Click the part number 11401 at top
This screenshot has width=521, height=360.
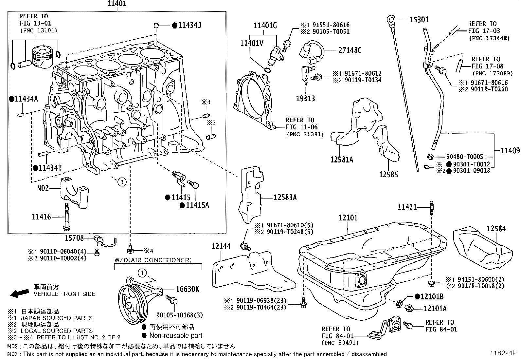117,4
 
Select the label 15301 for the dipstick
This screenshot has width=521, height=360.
419,20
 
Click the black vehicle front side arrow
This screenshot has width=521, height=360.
19,293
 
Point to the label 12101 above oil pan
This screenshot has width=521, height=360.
348,218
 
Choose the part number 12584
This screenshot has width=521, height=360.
496,228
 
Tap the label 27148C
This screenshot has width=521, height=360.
350,50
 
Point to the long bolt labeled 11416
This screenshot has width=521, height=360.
66,216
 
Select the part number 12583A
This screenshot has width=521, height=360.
285,197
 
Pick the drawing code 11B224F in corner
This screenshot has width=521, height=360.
503,353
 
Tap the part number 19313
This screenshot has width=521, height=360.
305,98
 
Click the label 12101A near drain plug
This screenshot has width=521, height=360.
435,308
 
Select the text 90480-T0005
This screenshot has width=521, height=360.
464,157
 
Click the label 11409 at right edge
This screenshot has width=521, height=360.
510,151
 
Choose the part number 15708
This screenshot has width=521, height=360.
74,238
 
